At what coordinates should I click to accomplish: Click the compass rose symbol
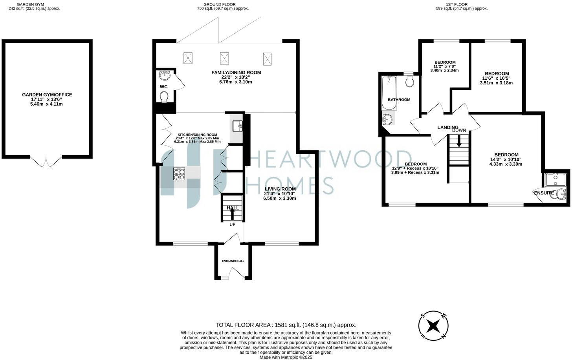[433, 325]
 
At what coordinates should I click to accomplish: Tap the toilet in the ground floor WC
[164, 96]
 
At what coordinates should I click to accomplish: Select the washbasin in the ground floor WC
[164, 75]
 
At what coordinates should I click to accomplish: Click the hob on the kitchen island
[179, 174]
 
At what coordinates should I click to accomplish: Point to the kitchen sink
[237, 126]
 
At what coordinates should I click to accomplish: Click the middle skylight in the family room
[225, 58]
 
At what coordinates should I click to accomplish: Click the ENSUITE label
[544, 193]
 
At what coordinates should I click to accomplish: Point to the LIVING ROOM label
[280, 189]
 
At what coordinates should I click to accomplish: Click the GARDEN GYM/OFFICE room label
[47, 95]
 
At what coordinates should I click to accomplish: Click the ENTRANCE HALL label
[233, 261]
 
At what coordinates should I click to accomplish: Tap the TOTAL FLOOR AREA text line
[286, 325]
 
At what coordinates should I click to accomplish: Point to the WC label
[164, 86]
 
